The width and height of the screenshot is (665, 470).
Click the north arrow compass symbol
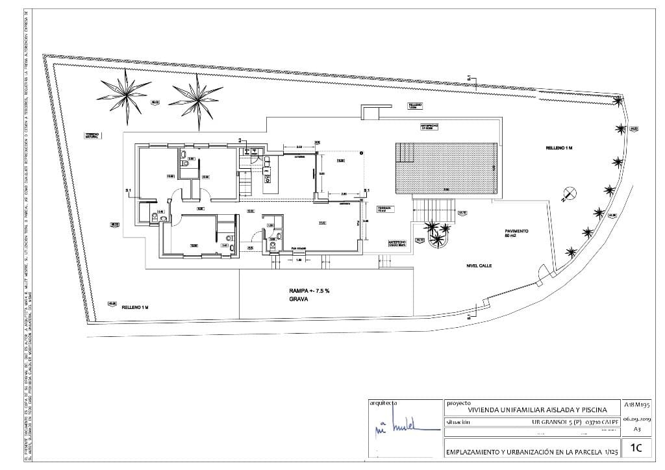[570, 193]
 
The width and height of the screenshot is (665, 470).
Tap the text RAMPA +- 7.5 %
[310, 291]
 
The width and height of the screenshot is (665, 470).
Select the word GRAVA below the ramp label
[299, 301]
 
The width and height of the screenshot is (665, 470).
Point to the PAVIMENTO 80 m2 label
[517, 234]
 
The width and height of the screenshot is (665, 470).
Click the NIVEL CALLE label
[481, 266]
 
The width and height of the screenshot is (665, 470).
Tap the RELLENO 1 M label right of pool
[558, 149]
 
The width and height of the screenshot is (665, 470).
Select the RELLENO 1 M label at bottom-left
[135, 306]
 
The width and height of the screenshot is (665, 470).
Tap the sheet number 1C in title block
[636, 447]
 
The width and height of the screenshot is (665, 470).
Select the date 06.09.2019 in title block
[636, 419]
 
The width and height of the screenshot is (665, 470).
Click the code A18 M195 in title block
[636, 404]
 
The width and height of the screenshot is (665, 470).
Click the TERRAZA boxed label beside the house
[383, 209]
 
